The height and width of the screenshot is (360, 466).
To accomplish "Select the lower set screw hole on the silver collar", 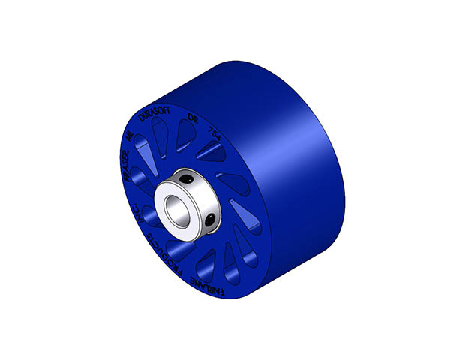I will [x=212, y=219].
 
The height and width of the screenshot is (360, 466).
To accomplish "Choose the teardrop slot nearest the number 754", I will [x=212, y=154].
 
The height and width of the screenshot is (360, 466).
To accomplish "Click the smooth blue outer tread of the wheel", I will [x=300, y=150].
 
